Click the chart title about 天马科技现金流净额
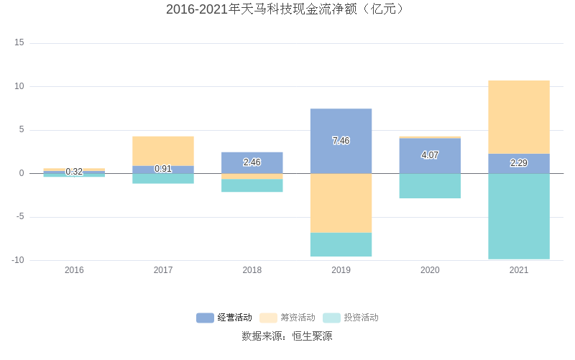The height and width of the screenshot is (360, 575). tap(287, 9)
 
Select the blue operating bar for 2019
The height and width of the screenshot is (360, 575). tap(341, 126)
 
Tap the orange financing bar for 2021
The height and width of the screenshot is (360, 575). tap(519, 117)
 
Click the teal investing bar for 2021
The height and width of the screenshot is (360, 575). tap(519, 216)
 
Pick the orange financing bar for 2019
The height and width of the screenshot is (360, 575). tap(341, 203)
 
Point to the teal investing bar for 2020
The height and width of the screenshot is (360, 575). tap(430, 186)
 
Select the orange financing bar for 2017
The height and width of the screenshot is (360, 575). tap(163, 151)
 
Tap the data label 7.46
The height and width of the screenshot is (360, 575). tap(341, 141)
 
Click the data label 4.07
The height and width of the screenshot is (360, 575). tap(430, 155)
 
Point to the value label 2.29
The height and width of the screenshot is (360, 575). tap(519, 163)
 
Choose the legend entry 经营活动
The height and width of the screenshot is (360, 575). tap(224, 318)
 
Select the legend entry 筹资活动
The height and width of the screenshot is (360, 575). tap(287, 318)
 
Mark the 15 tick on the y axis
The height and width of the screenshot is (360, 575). tap(19, 43)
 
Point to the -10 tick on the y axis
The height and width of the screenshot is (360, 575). tap(18, 260)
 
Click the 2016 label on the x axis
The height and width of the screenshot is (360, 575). tap(74, 270)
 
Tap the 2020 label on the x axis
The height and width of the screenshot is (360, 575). tap(430, 270)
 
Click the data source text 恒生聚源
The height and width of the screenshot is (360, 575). tap(287, 336)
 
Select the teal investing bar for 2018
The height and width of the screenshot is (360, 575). tap(252, 185)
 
